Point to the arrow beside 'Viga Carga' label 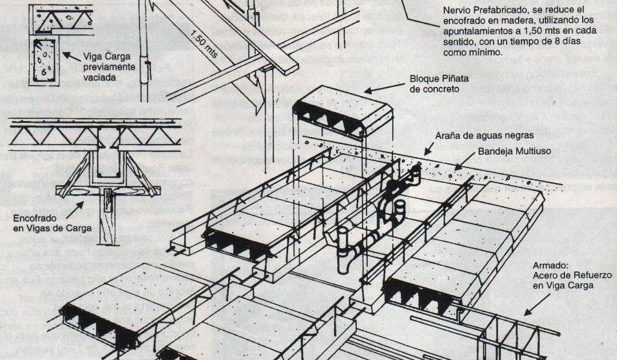[70, 57]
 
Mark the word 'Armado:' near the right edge [549, 266]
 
